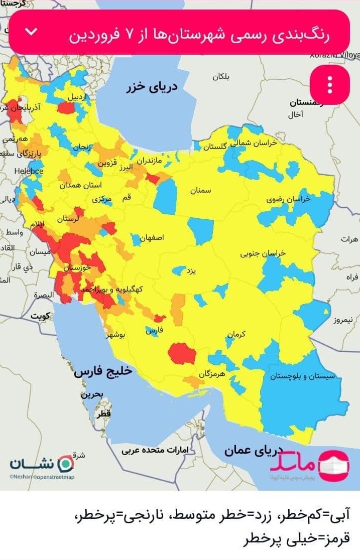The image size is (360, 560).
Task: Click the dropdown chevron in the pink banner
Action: pyautogui.click(x=31, y=32)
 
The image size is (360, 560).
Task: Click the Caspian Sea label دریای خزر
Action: pyautogui.click(x=152, y=87)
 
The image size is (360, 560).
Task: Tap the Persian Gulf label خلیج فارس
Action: pyautogui.click(x=103, y=371)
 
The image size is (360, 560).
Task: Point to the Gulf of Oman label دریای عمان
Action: pyautogui.click(x=254, y=449)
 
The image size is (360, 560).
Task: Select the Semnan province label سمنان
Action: pyautogui.click(x=200, y=191)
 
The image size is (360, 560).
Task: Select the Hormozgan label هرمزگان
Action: pyautogui.click(x=211, y=374)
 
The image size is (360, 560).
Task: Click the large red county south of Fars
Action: pyautogui.click(x=182, y=354)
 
